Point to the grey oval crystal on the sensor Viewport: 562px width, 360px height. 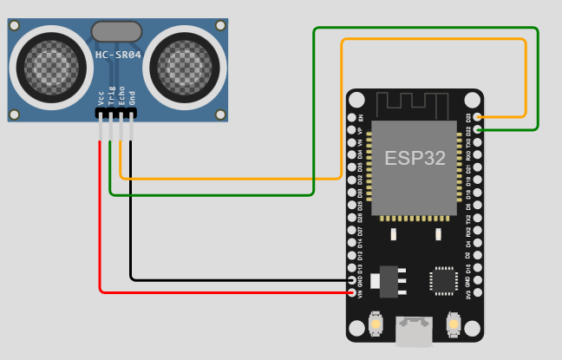click(116, 32)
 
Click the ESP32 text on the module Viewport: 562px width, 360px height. click(415, 159)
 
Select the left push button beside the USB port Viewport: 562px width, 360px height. click(376, 325)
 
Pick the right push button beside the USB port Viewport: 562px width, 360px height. click(452, 325)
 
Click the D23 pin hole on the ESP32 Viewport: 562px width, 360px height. click(476, 117)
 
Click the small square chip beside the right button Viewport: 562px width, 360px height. click(443, 280)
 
